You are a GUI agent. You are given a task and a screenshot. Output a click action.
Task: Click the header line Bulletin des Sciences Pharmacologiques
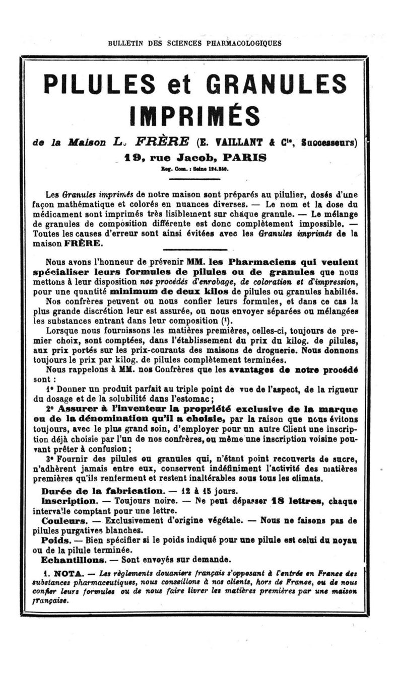194,43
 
